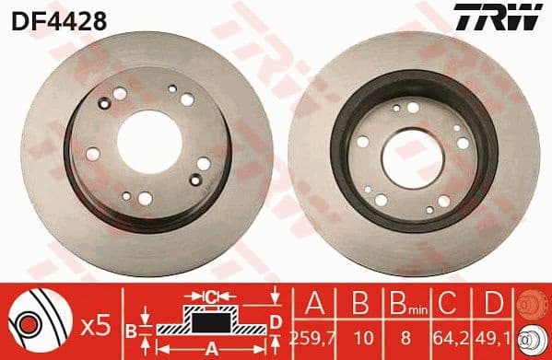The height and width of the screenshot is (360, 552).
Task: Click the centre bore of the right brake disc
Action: click(x=413, y=150)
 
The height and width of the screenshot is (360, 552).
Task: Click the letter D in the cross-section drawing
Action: click(x=276, y=321)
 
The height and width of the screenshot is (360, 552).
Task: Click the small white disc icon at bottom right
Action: click(x=532, y=340)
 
